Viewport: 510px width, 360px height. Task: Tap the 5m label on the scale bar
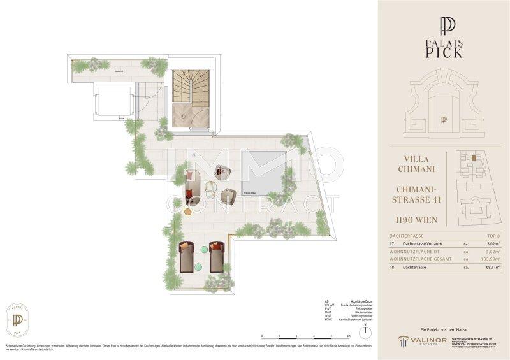coord(348,336)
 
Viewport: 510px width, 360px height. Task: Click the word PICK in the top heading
coord(446,52)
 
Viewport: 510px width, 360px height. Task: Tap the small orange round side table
coord(187,210)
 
